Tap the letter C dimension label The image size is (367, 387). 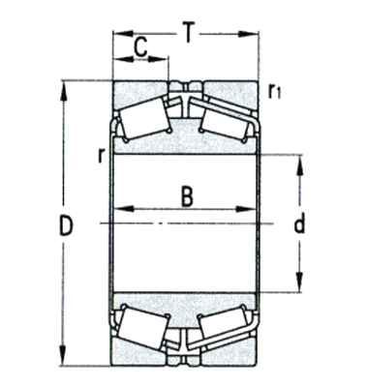tap(140, 45)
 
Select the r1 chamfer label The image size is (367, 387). tap(275, 92)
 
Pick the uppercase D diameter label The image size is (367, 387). tap(66, 228)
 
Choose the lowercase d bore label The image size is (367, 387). tap(299, 225)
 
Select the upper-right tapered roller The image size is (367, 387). tap(228, 122)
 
